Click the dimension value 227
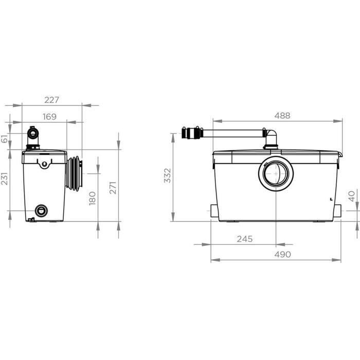tap(52, 99)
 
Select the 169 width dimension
tap(49, 117)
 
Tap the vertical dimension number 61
tap(5, 138)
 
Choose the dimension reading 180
tap(93, 198)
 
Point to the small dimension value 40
tap(351, 196)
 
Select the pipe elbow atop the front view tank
tap(271, 137)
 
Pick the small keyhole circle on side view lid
tap(44, 164)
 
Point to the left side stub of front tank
tap(214, 211)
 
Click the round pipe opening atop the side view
tap(34, 134)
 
